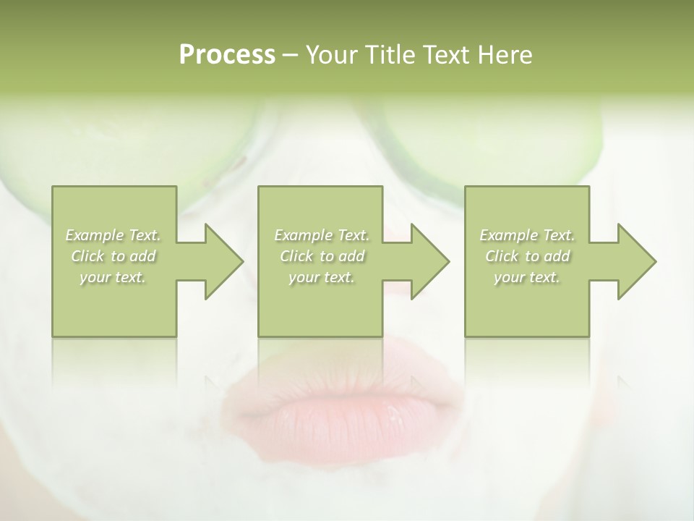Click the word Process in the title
coord(227,55)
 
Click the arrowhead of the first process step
coord(220,261)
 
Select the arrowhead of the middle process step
coord(427,261)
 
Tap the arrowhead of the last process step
coord(633,261)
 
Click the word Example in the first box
coord(95,235)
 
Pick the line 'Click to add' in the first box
coord(113,256)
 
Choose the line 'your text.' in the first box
coord(113,277)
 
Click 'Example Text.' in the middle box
coord(322,235)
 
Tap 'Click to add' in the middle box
coord(322,256)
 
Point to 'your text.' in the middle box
coord(322,277)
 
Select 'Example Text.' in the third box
coord(527,235)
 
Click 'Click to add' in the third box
coord(527,256)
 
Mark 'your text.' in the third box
coord(527,277)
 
